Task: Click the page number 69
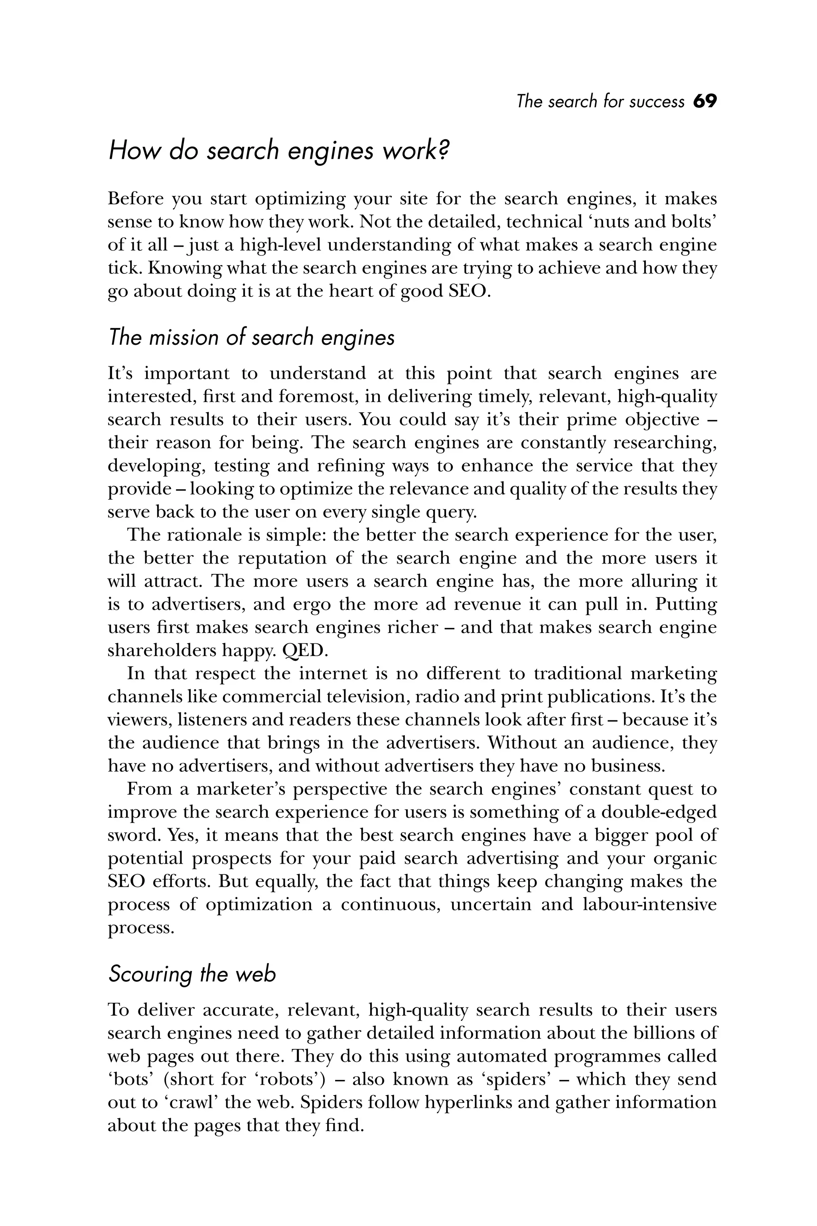tap(705, 101)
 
